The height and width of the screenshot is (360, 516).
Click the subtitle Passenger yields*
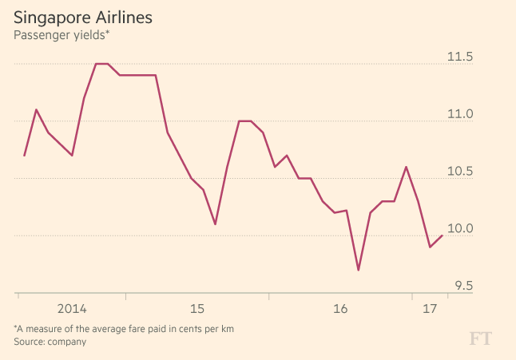pyautogui.click(x=61, y=34)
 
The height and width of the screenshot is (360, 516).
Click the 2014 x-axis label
pyautogui.click(x=71, y=309)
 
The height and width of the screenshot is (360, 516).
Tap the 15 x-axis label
pyautogui.click(x=197, y=309)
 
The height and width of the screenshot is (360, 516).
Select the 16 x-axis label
pyautogui.click(x=340, y=309)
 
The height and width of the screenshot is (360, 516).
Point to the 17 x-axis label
pyautogui.click(x=430, y=309)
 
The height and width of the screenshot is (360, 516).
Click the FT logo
pyautogui.click(x=480, y=338)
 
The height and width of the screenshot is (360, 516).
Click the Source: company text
pyautogui.click(x=50, y=342)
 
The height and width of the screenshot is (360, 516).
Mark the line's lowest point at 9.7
pyautogui.click(x=359, y=270)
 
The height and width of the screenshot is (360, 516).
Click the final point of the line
pyautogui.click(x=443, y=235)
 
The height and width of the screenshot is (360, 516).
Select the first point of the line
pyautogui.click(x=25, y=156)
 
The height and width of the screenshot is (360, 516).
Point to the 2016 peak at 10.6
pyautogui.click(x=407, y=167)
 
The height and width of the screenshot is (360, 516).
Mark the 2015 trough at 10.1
pyautogui.click(x=216, y=224)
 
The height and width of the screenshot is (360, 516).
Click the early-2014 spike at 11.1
pyautogui.click(x=37, y=109)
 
